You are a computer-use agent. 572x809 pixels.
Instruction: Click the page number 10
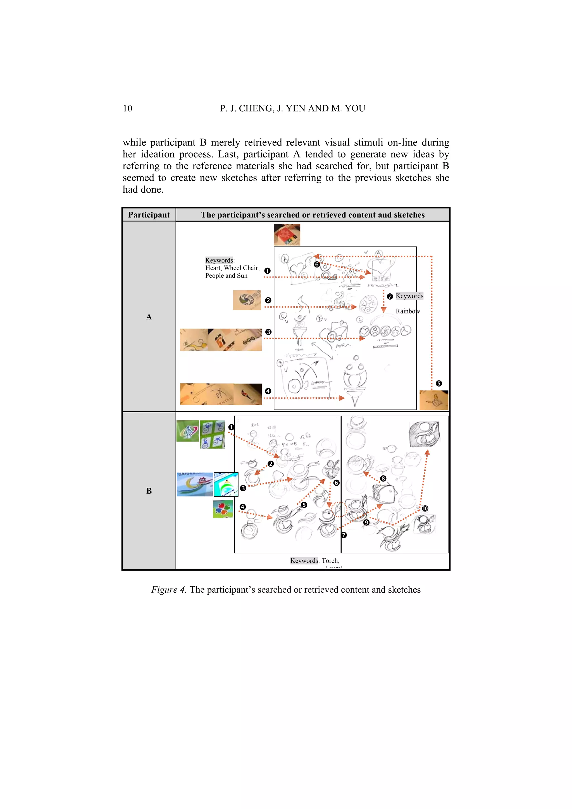click(127, 109)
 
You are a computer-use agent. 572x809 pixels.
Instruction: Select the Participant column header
click(149, 215)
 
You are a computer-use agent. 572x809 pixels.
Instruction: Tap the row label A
click(149, 317)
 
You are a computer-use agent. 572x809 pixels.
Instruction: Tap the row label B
click(149, 491)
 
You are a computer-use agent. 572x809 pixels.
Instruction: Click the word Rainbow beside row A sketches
click(407, 311)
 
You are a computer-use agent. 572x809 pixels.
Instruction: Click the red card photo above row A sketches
click(287, 235)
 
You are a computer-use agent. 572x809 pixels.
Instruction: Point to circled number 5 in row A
click(438, 383)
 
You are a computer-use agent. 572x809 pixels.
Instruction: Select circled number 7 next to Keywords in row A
click(390, 297)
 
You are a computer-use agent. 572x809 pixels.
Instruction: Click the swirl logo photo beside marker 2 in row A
click(247, 300)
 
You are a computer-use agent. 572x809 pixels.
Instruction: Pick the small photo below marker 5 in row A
click(434, 400)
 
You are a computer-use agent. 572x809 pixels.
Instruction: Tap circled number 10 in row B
click(425, 508)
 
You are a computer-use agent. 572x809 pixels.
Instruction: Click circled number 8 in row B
click(383, 478)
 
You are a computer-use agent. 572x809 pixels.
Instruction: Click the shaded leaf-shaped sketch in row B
click(424, 434)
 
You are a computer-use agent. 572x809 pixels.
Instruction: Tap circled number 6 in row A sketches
click(316, 265)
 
